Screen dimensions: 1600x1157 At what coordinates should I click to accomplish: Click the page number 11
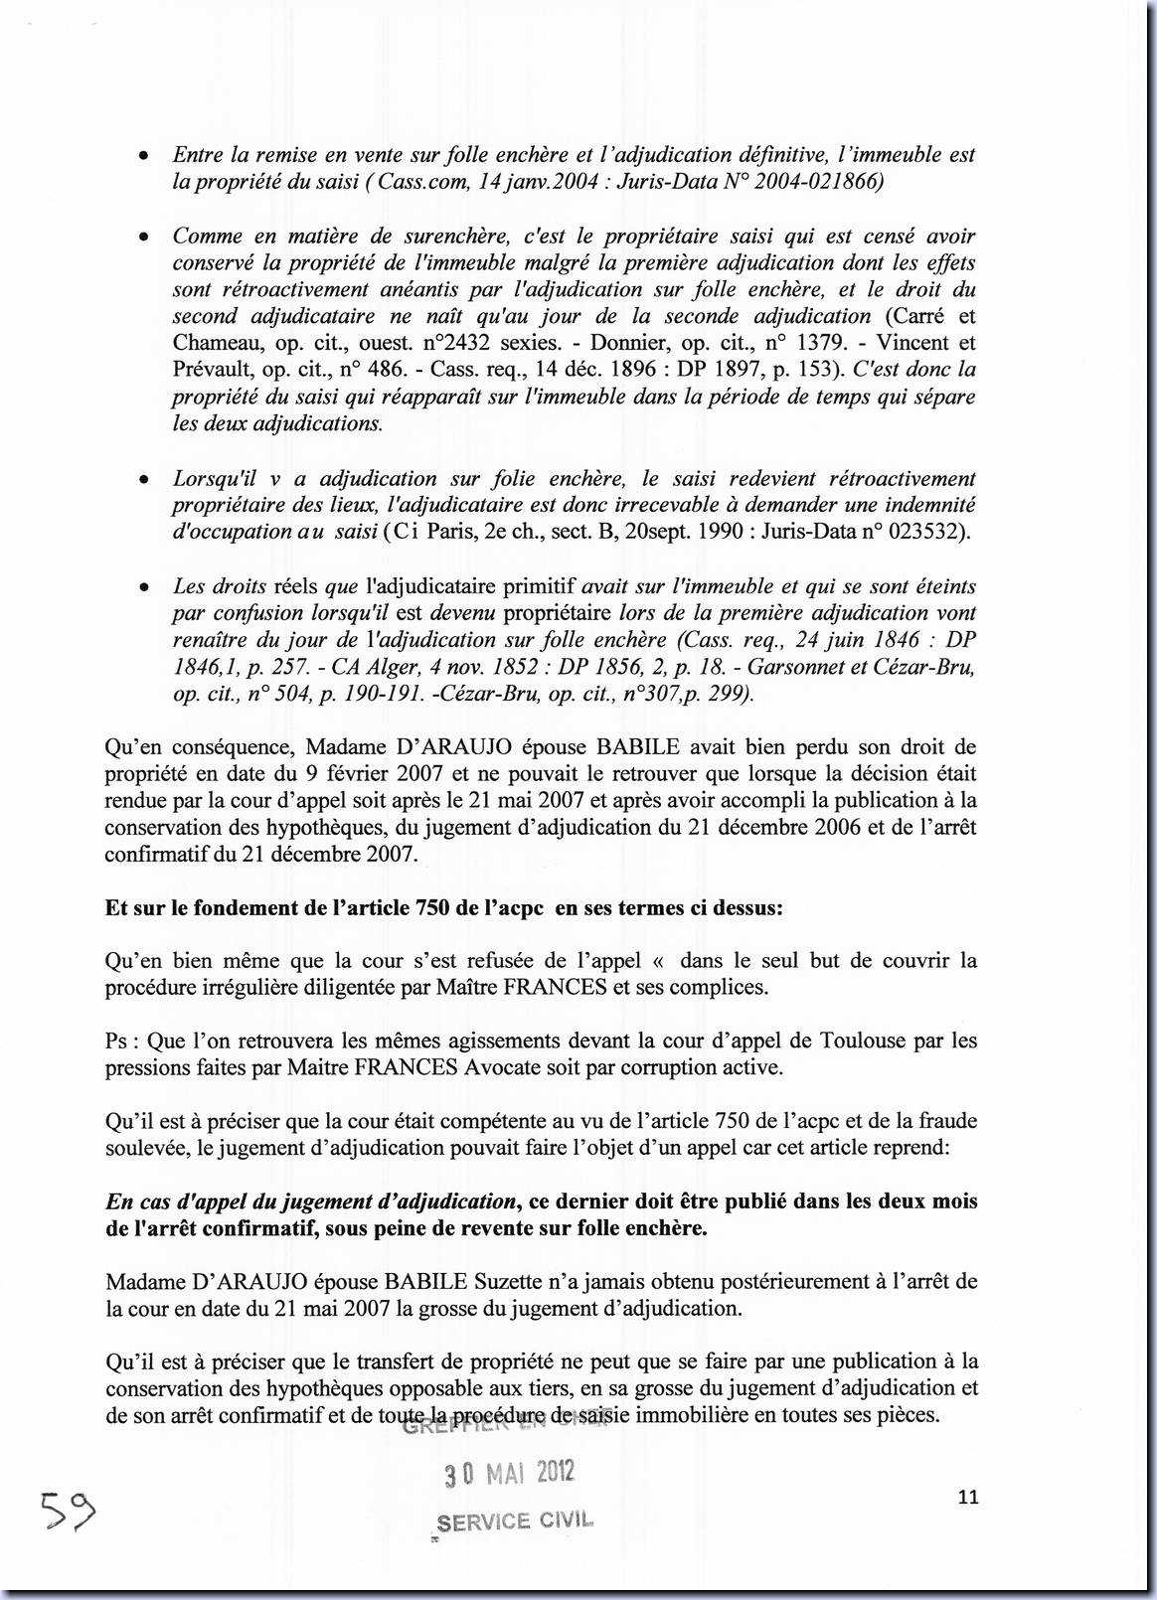pos(969,1497)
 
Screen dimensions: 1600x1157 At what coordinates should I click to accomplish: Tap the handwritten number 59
pos(68,1513)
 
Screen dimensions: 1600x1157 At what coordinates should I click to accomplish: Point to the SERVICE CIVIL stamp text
pos(514,1521)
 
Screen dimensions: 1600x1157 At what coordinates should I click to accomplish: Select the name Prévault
pos(212,370)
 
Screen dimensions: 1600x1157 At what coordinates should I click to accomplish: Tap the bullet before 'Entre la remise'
pos(145,157)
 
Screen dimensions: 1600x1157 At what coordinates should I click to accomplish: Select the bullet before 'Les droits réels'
pos(145,588)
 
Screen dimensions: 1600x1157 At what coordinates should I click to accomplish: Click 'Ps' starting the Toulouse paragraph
pos(117,1040)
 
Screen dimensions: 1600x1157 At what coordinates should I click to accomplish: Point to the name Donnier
pos(623,343)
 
